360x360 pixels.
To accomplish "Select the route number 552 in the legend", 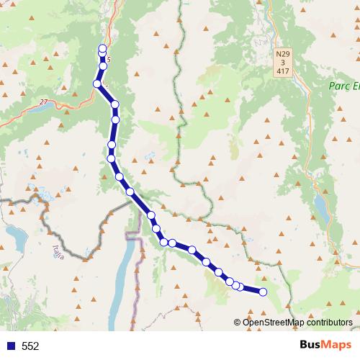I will pyautogui.click(x=30, y=346).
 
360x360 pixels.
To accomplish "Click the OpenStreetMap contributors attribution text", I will pyautogui.click(x=297, y=322).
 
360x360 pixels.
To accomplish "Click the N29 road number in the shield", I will pyautogui.click(x=283, y=54).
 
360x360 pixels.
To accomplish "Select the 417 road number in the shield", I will pyautogui.click(x=283, y=71).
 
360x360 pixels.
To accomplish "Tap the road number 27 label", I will pyautogui.click(x=45, y=102).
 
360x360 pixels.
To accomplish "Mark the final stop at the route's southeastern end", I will pyautogui.click(x=263, y=292).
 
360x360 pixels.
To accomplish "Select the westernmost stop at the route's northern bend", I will pyautogui.click(x=96, y=84).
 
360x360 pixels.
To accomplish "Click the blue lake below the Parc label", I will pyautogui.click(x=319, y=206).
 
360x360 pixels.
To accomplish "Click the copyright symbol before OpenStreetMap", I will pyautogui.click(x=238, y=322).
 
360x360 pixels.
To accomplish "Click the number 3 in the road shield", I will pyautogui.click(x=283, y=63).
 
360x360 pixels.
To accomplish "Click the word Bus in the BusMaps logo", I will pyautogui.click(x=310, y=346).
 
